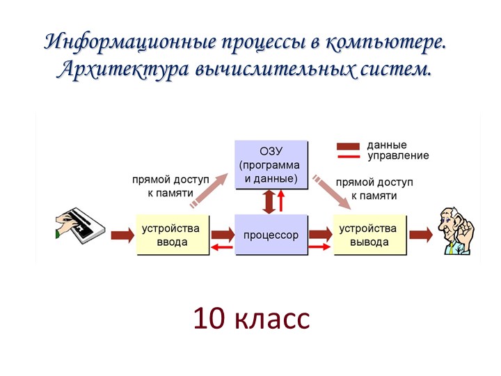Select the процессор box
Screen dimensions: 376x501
271,235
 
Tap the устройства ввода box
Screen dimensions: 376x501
170,235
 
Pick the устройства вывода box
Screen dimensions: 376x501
369,235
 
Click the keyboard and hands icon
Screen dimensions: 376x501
79,224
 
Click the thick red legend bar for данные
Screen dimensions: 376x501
348,146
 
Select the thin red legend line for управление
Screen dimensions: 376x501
348,156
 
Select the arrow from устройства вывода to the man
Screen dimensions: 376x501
420,235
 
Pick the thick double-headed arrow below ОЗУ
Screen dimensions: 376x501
267,201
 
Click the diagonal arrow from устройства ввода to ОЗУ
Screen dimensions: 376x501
209,188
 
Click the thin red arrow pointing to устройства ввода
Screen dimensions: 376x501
222,248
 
